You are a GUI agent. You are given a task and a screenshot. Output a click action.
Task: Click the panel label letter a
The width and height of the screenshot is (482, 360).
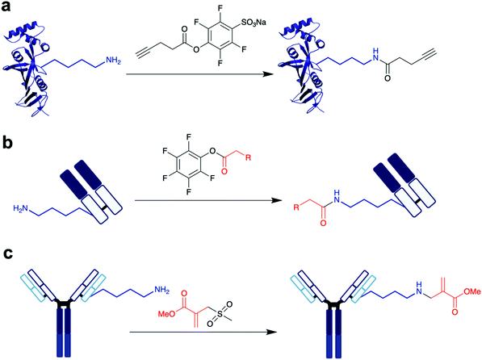[x=6, y=6]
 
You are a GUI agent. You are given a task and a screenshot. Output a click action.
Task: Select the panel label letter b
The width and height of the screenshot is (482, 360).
[x=7, y=142]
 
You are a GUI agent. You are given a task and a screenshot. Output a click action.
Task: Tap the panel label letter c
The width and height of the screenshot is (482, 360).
[x=6, y=255]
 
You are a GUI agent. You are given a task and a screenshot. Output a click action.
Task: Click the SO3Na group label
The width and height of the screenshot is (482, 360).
[x=252, y=23]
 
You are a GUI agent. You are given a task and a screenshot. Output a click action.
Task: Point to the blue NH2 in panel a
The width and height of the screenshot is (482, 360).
[x=113, y=61]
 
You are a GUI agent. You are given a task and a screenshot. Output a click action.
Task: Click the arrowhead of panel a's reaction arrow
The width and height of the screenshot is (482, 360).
[x=268, y=74]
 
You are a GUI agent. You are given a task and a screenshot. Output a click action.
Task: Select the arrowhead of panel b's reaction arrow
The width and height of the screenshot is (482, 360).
[x=277, y=200]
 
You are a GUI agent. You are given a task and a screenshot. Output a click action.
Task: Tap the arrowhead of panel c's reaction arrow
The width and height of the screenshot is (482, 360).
[x=272, y=332]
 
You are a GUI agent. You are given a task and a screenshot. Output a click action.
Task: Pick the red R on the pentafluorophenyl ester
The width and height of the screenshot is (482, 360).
[x=249, y=157]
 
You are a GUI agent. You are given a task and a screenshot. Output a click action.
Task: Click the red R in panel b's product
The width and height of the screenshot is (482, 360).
[x=296, y=207]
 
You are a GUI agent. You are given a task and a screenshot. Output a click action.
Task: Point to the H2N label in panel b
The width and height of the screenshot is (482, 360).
[x=20, y=209]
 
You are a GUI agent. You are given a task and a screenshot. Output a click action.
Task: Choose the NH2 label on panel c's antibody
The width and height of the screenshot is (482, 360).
[x=161, y=290]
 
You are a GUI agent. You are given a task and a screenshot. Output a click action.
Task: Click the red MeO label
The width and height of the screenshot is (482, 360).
[x=166, y=313]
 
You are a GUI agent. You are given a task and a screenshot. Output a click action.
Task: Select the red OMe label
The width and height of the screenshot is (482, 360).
[x=472, y=291]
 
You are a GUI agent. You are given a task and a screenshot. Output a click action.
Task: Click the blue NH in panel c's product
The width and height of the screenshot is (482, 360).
[x=419, y=287]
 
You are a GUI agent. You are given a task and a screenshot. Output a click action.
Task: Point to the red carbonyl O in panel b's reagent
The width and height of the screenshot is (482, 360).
[x=224, y=171]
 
